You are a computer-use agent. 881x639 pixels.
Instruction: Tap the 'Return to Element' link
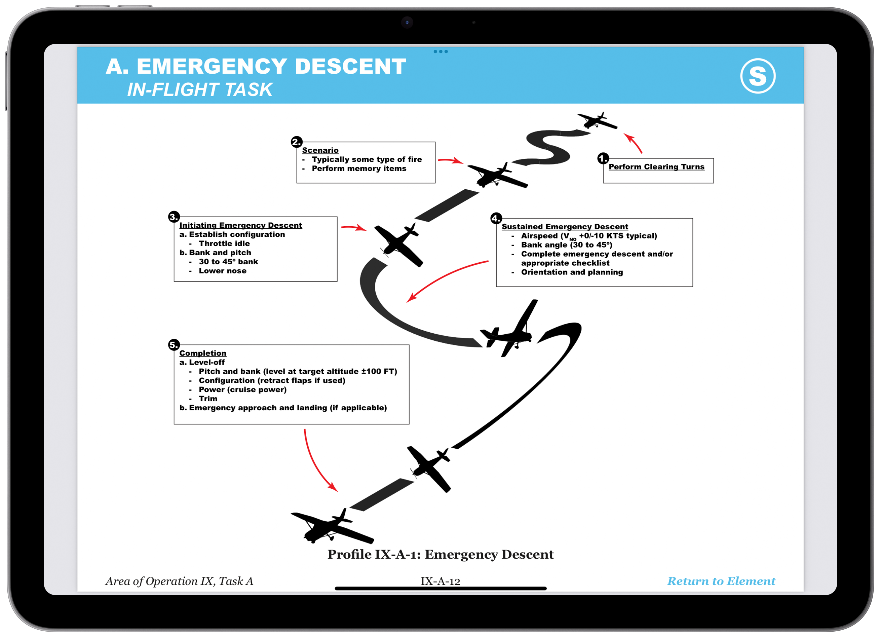[x=721, y=581]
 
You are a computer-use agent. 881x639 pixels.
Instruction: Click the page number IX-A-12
[x=440, y=581]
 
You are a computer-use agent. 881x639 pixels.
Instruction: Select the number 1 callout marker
[x=603, y=158]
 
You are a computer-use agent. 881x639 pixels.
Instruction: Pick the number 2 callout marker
[x=296, y=142]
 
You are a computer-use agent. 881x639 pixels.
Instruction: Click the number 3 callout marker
[x=174, y=217]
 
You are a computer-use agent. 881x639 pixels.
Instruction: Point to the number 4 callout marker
[x=496, y=218]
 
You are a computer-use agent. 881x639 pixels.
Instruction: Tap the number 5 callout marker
[x=174, y=344]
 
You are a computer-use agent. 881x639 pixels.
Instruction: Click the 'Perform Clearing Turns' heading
[x=656, y=167]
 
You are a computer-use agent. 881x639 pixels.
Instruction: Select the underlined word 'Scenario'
[x=320, y=150]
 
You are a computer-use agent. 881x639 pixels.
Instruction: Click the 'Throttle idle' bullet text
[x=224, y=243]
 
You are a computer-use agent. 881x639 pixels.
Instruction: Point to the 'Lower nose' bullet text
[x=223, y=271]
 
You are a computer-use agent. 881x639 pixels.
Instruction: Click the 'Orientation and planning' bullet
[x=572, y=272]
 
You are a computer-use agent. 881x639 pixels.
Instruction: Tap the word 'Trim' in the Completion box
[x=208, y=399]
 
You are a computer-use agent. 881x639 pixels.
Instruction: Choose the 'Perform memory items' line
[x=359, y=168]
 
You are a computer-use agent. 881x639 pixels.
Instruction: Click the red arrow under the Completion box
[x=318, y=462]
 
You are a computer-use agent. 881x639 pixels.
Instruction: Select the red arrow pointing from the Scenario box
[x=450, y=160]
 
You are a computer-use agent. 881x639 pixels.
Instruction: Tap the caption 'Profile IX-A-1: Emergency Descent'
[x=440, y=554]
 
